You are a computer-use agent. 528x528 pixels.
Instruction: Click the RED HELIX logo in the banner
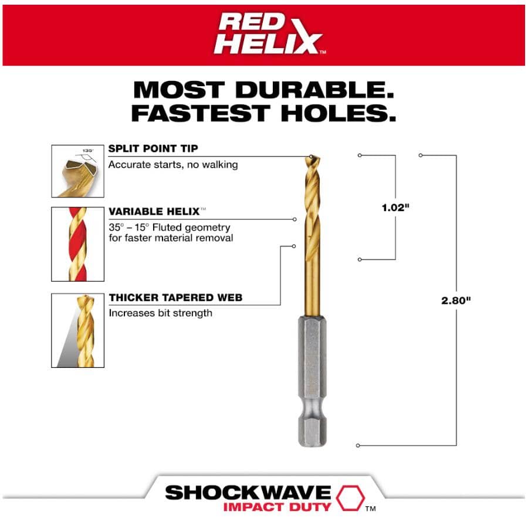coord(268,33)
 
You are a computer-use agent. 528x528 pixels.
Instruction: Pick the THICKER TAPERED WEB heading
coord(175,297)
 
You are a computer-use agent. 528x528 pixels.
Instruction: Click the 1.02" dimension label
coord(394,208)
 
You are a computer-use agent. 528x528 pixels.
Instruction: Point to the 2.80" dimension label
coord(456,300)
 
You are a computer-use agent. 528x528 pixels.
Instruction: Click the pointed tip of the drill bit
coord(310,157)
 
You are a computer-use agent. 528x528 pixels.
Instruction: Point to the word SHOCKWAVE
coord(248,492)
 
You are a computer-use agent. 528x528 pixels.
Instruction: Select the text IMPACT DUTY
coord(277,507)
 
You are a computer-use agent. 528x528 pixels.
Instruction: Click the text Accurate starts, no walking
coord(173,165)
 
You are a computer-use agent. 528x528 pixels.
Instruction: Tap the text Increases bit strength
coord(160,313)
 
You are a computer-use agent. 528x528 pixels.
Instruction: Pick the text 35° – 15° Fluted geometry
coord(170,227)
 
